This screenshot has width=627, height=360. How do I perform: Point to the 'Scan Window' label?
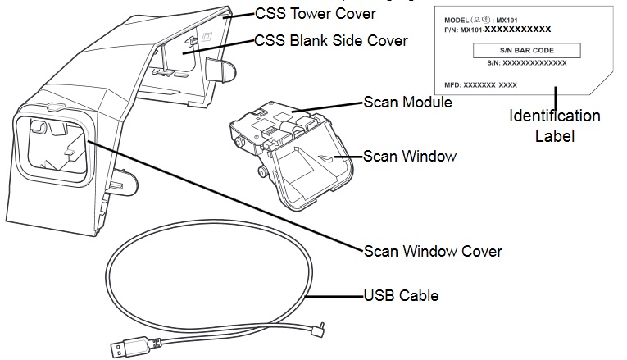click(410, 154)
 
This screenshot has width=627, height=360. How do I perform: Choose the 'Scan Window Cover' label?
click(433, 250)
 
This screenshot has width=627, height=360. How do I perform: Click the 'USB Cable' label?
click(401, 295)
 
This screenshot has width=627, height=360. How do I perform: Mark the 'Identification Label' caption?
click(555, 125)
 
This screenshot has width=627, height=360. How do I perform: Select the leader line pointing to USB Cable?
click(336, 295)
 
